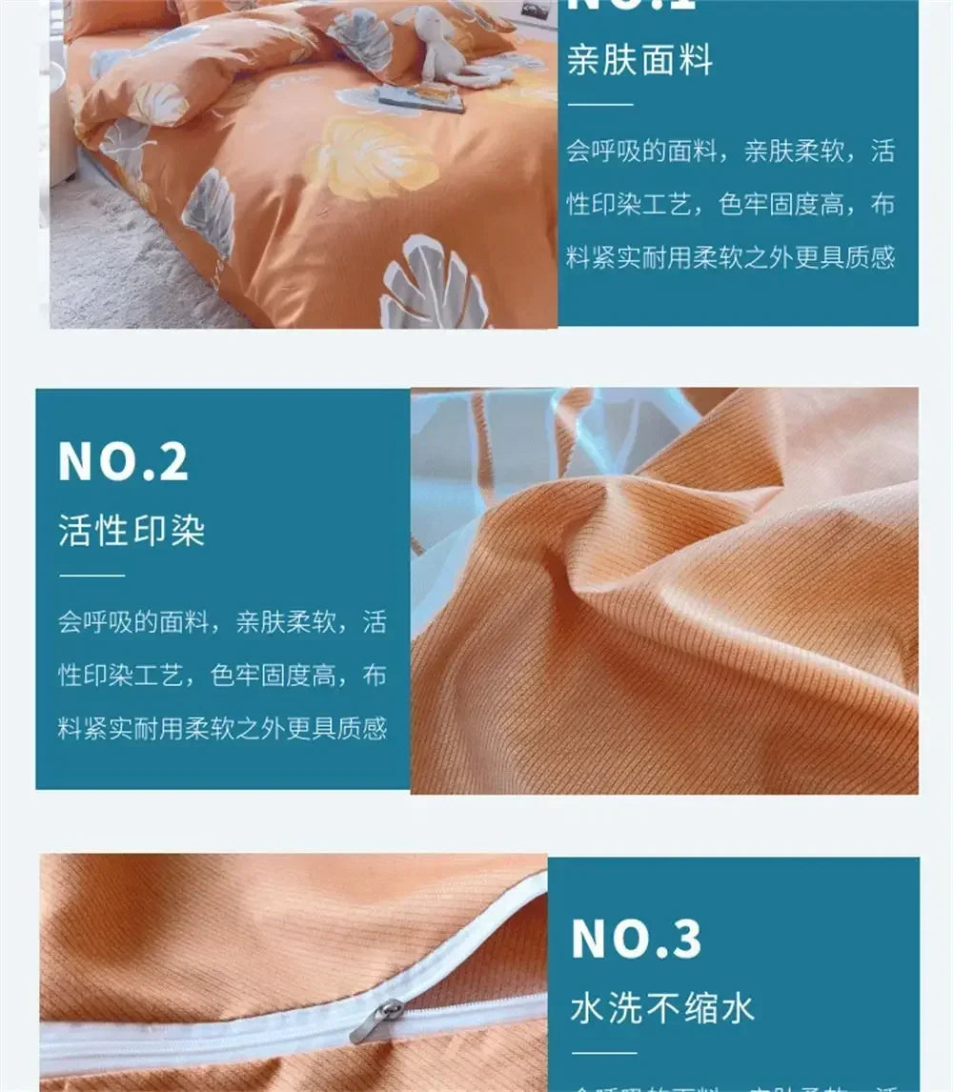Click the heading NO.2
coord(123,461)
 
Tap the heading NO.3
coord(636,940)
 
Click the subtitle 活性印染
coord(132,531)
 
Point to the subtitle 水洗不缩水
coord(661,1008)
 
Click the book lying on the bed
coord(419,96)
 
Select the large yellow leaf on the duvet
coord(372,158)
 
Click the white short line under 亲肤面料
coord(599,104)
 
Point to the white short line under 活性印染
coord(91,576)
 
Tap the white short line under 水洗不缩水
coord(603,1053)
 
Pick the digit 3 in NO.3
coord(682,940)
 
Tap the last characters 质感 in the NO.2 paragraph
coord(364,729)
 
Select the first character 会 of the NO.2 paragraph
coord(70,623)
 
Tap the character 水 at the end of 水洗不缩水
coord(738,1008)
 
